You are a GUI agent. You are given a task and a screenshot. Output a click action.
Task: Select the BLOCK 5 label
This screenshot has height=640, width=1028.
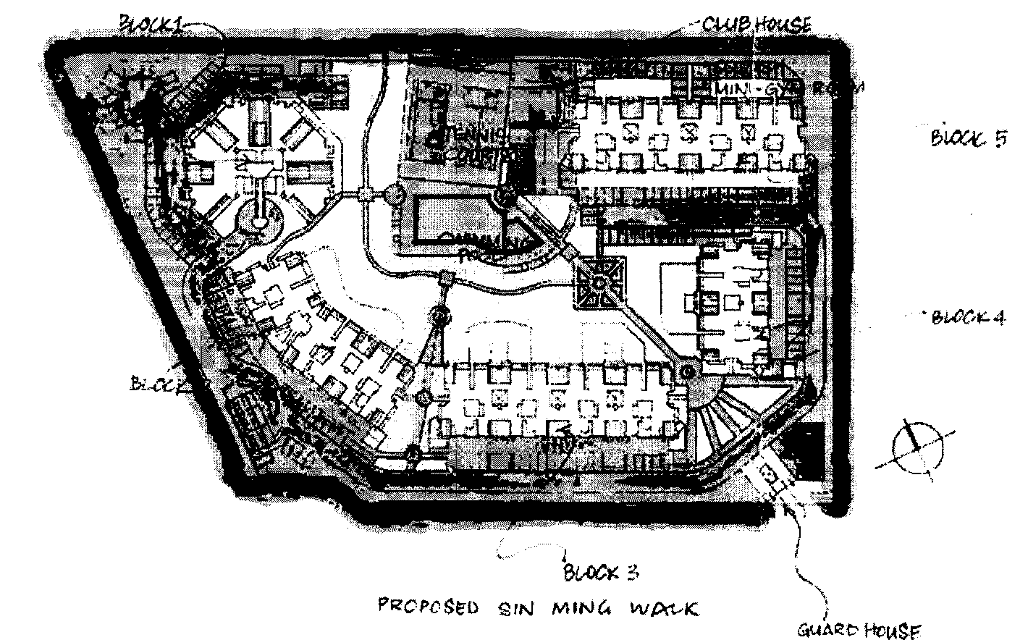click(969, 138)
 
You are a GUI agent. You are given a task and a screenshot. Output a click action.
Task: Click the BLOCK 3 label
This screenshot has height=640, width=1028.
click(600, 573)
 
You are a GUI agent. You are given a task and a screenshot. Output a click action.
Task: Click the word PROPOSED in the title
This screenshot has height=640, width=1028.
click(428, 607)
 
